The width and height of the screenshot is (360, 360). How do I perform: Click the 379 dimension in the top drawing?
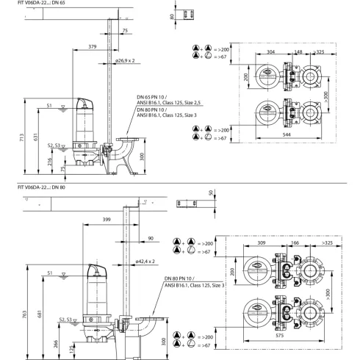pyautogui.click(x=92, y=47)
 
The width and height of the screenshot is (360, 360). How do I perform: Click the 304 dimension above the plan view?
pyautogui.click(x=272, y=52)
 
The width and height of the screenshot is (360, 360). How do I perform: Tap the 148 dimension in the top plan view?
pyautogui.click(x=298, y=52)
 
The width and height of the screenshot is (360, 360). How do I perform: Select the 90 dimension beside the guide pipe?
pyautogui.click(x=151, y=239)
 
